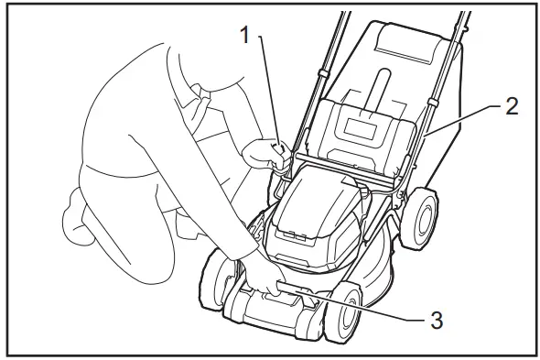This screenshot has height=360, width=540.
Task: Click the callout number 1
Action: (244, 35)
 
